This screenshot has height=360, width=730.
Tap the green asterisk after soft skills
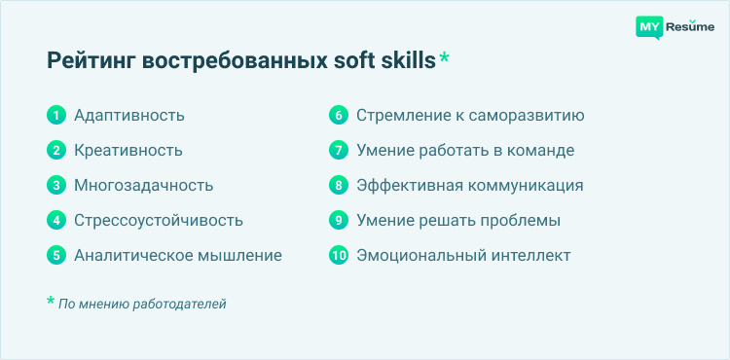coord(445,59)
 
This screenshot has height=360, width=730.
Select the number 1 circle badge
coord(56,116)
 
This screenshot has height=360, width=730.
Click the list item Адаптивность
coord(129,116)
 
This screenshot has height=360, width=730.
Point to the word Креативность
coord(128,151)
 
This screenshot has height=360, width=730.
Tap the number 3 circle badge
coord(56,186)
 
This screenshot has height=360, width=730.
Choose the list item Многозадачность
coord(144,186)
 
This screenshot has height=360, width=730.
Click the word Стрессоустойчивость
coord(159,221)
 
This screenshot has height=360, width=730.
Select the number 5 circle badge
coord(56,256)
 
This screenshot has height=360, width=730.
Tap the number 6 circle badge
coord(339,116)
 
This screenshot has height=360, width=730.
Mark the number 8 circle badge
coord(339,186)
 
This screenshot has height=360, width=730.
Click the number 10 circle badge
coord(339,256)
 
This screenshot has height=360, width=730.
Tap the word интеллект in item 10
coord(530,256)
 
